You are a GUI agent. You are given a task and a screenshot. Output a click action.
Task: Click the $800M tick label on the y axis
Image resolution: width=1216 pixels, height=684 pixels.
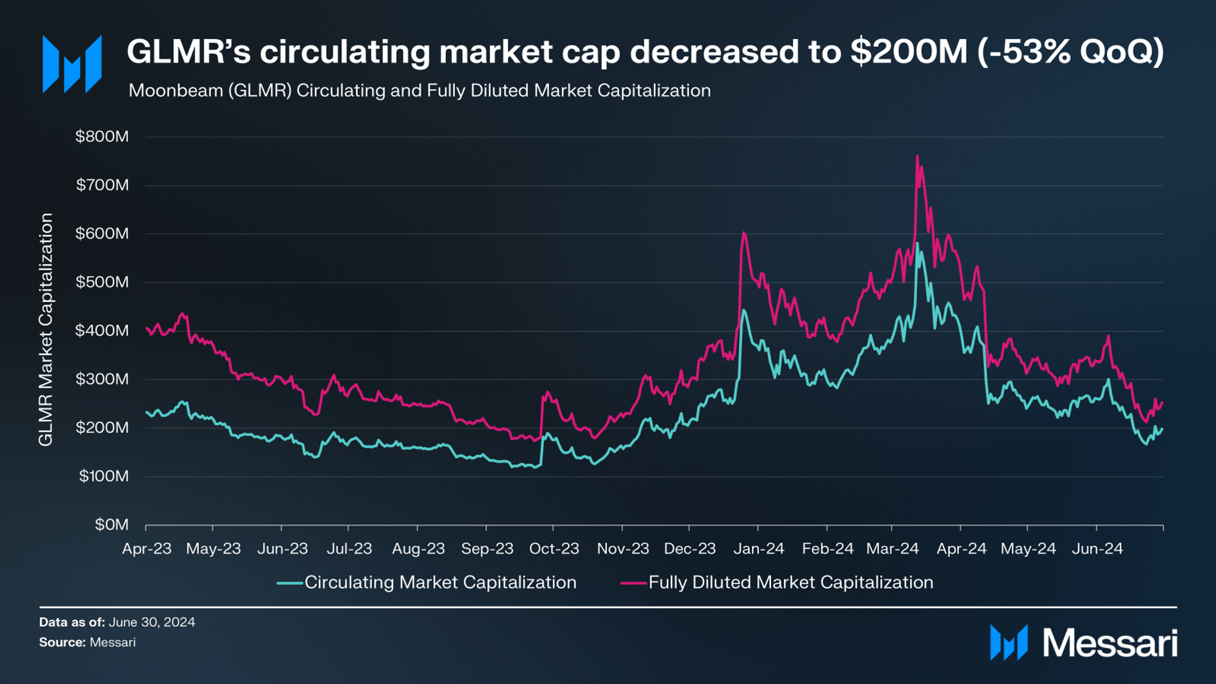point(102,137)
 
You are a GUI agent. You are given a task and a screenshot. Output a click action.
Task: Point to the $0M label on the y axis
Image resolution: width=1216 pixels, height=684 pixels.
point(112,524)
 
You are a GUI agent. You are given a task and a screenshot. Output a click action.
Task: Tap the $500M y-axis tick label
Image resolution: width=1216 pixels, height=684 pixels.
point(102,282)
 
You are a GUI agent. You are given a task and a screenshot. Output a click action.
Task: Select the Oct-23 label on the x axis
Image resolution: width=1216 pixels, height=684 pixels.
point(554,549)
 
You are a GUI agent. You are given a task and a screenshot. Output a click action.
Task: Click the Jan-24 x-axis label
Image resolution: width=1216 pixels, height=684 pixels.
point(758,549)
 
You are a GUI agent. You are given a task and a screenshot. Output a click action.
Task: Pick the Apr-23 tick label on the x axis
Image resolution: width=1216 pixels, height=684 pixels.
point(146,549)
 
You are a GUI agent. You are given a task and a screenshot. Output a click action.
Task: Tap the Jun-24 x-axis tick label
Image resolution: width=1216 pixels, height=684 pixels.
point(1097,549)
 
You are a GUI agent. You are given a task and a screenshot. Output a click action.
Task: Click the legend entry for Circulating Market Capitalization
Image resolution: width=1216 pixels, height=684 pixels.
point(440,582)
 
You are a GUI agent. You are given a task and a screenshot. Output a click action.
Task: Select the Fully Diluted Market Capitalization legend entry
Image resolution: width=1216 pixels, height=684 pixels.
point(790,582)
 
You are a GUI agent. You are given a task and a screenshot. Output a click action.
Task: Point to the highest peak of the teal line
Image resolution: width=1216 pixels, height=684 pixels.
point(917,244)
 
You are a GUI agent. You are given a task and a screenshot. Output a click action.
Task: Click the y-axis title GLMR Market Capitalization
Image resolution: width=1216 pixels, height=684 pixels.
point(45,329)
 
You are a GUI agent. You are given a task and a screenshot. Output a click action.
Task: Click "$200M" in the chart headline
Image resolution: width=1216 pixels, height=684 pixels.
point(908,52)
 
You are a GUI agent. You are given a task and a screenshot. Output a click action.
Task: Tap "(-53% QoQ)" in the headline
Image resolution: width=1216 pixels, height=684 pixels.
point(1070,52)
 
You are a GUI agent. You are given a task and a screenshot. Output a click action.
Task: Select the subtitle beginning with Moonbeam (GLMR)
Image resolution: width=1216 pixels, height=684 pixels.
point(420,91)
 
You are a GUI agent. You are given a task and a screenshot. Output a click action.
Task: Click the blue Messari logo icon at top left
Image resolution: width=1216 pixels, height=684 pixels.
point(72,64)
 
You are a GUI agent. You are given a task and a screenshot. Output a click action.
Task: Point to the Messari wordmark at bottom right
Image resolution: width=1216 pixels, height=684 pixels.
point(1110,643)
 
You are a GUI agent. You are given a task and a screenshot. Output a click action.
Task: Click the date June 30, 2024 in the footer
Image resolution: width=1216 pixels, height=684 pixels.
point(152,622)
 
